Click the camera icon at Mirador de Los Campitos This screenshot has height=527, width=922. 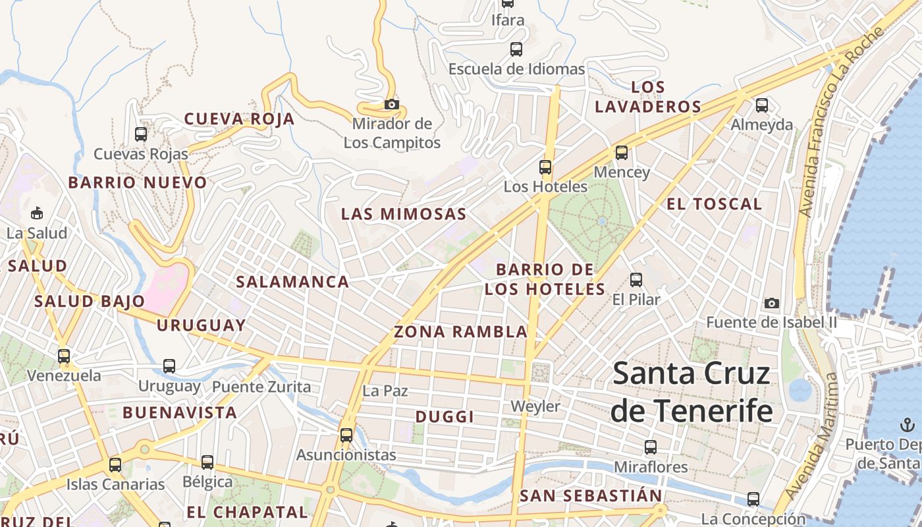[392, 105]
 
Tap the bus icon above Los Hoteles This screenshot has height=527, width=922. [545, 167]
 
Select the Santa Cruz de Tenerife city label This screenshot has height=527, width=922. [691, 393]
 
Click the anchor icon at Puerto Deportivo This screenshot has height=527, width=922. [908, 424]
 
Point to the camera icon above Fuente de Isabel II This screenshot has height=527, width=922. [772, 304]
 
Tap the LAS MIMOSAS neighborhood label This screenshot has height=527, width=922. [404, 214]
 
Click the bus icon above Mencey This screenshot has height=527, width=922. [622, 153]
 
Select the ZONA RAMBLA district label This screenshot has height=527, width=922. [461, 332]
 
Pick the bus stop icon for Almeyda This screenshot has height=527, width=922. [762, 105]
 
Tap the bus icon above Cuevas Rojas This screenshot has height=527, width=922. [141, 134]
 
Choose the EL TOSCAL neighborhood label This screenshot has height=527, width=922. [715, 204]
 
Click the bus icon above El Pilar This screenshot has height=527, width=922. [636, 280]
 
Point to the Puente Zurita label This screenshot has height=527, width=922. [261, 387]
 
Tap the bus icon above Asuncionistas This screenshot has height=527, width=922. [346, 435]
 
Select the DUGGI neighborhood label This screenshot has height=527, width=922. [445, 417]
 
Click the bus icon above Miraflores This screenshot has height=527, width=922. [651, 447]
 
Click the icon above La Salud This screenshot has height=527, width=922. [37, 213]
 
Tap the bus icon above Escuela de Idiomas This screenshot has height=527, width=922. [516, 49]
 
